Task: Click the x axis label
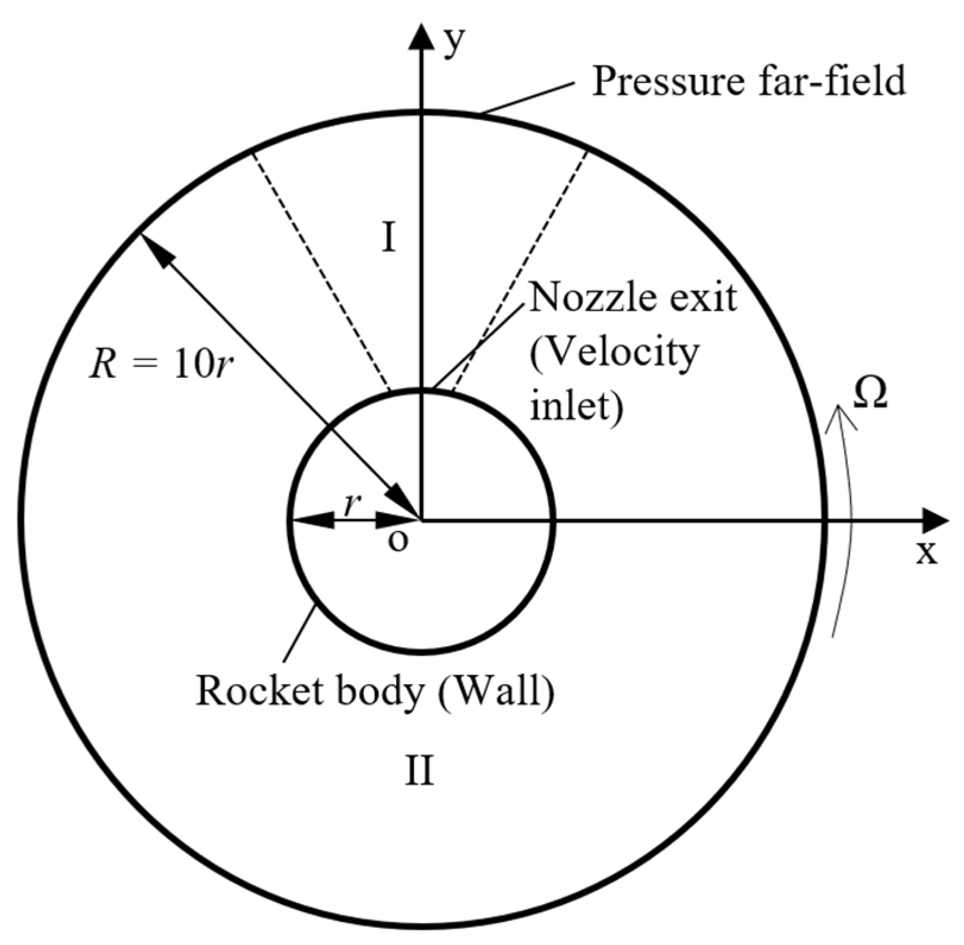pyautogui.click(x=925, y=554)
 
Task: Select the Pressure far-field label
pyautogui.click(x=749, y=81)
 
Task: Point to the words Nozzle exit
pyautogui.click(x=633, y=297)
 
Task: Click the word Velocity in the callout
pyautogui.click(x=615, y=355)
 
